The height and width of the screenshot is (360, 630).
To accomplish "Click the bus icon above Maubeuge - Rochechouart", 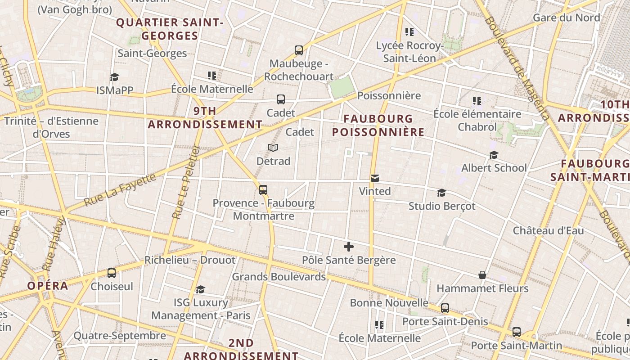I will point(299,50).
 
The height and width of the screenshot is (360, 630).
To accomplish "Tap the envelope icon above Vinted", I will point(374,178).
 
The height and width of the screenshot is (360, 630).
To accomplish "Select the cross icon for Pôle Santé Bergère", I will point(349,247).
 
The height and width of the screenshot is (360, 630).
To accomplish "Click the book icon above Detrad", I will point(273,148).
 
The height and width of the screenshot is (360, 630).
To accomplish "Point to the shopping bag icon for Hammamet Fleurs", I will point(482,275).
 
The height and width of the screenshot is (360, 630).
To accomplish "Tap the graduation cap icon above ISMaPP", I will point(114,77).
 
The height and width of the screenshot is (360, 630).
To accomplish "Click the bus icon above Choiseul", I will point(112,273).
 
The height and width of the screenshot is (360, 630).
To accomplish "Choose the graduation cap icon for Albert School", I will point(494,155).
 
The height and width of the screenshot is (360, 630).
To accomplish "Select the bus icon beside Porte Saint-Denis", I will point(445,308).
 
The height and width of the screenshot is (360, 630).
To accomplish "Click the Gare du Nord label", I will point(566,18).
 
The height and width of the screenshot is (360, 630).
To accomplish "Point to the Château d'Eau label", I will point(549,230).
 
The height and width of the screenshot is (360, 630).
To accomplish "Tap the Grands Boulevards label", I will point(279,277).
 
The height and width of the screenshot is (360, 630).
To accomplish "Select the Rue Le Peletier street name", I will point(185,182).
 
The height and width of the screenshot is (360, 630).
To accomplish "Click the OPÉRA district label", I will point(48,286).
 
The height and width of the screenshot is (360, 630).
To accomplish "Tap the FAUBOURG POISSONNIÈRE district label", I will point(378,125).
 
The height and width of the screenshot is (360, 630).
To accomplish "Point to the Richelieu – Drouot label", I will point(189,260).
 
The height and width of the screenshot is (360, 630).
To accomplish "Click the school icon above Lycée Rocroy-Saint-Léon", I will point(409,31).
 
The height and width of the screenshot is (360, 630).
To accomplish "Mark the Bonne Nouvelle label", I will point(389,302).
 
